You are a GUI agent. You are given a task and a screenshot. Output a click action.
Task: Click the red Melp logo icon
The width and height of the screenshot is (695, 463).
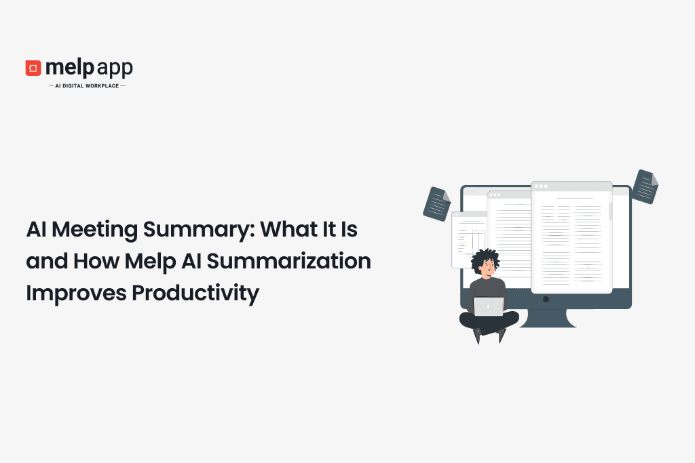coord(33,68)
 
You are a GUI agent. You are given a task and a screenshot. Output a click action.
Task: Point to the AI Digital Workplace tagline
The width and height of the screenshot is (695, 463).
coord(87,86)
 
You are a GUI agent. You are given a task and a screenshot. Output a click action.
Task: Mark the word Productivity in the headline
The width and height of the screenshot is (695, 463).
coord(195,294)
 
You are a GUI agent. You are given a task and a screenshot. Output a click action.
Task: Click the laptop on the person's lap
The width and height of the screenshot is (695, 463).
coord(489,306)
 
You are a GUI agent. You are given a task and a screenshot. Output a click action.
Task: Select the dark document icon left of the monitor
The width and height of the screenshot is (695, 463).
coord(436,203)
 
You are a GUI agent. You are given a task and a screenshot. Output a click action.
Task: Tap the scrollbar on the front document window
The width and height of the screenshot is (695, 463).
coord(609,211)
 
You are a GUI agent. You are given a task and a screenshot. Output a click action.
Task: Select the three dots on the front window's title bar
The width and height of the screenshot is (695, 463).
coord(540,185)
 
